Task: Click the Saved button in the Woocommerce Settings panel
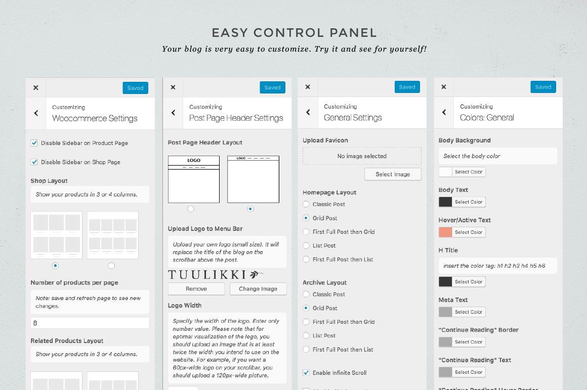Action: [135, 88]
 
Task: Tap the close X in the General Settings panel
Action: [308, 87]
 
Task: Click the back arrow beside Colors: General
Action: [444, 112]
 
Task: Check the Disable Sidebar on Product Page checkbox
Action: [34, 142]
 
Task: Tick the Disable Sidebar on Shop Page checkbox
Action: [34, 162]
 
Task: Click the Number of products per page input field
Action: [90, 323]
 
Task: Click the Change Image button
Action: [258, 289]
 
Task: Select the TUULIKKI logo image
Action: [215, 275]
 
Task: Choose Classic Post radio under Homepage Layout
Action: [306, 204]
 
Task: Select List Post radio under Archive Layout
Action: [306, 335]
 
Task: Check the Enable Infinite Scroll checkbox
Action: [306, 372]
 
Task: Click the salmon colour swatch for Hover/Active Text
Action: [445, 232]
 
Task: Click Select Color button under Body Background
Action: [468, 172]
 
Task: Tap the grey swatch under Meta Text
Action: [445, 312]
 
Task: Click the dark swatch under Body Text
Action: [445, 202]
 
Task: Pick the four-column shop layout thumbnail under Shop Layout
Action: [113, 235]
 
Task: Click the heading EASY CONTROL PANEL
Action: [294, 33]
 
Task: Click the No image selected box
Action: [362, 156]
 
